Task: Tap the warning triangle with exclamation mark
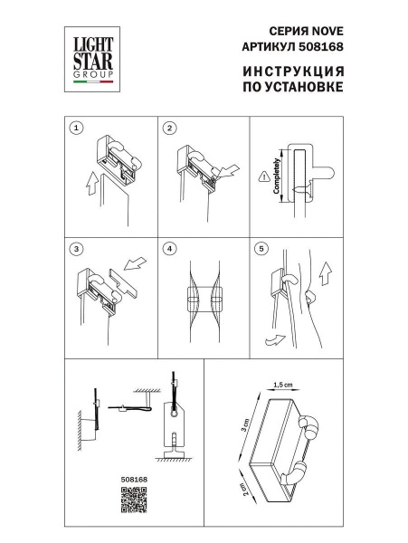[261, 176]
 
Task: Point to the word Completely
[274, 176]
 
